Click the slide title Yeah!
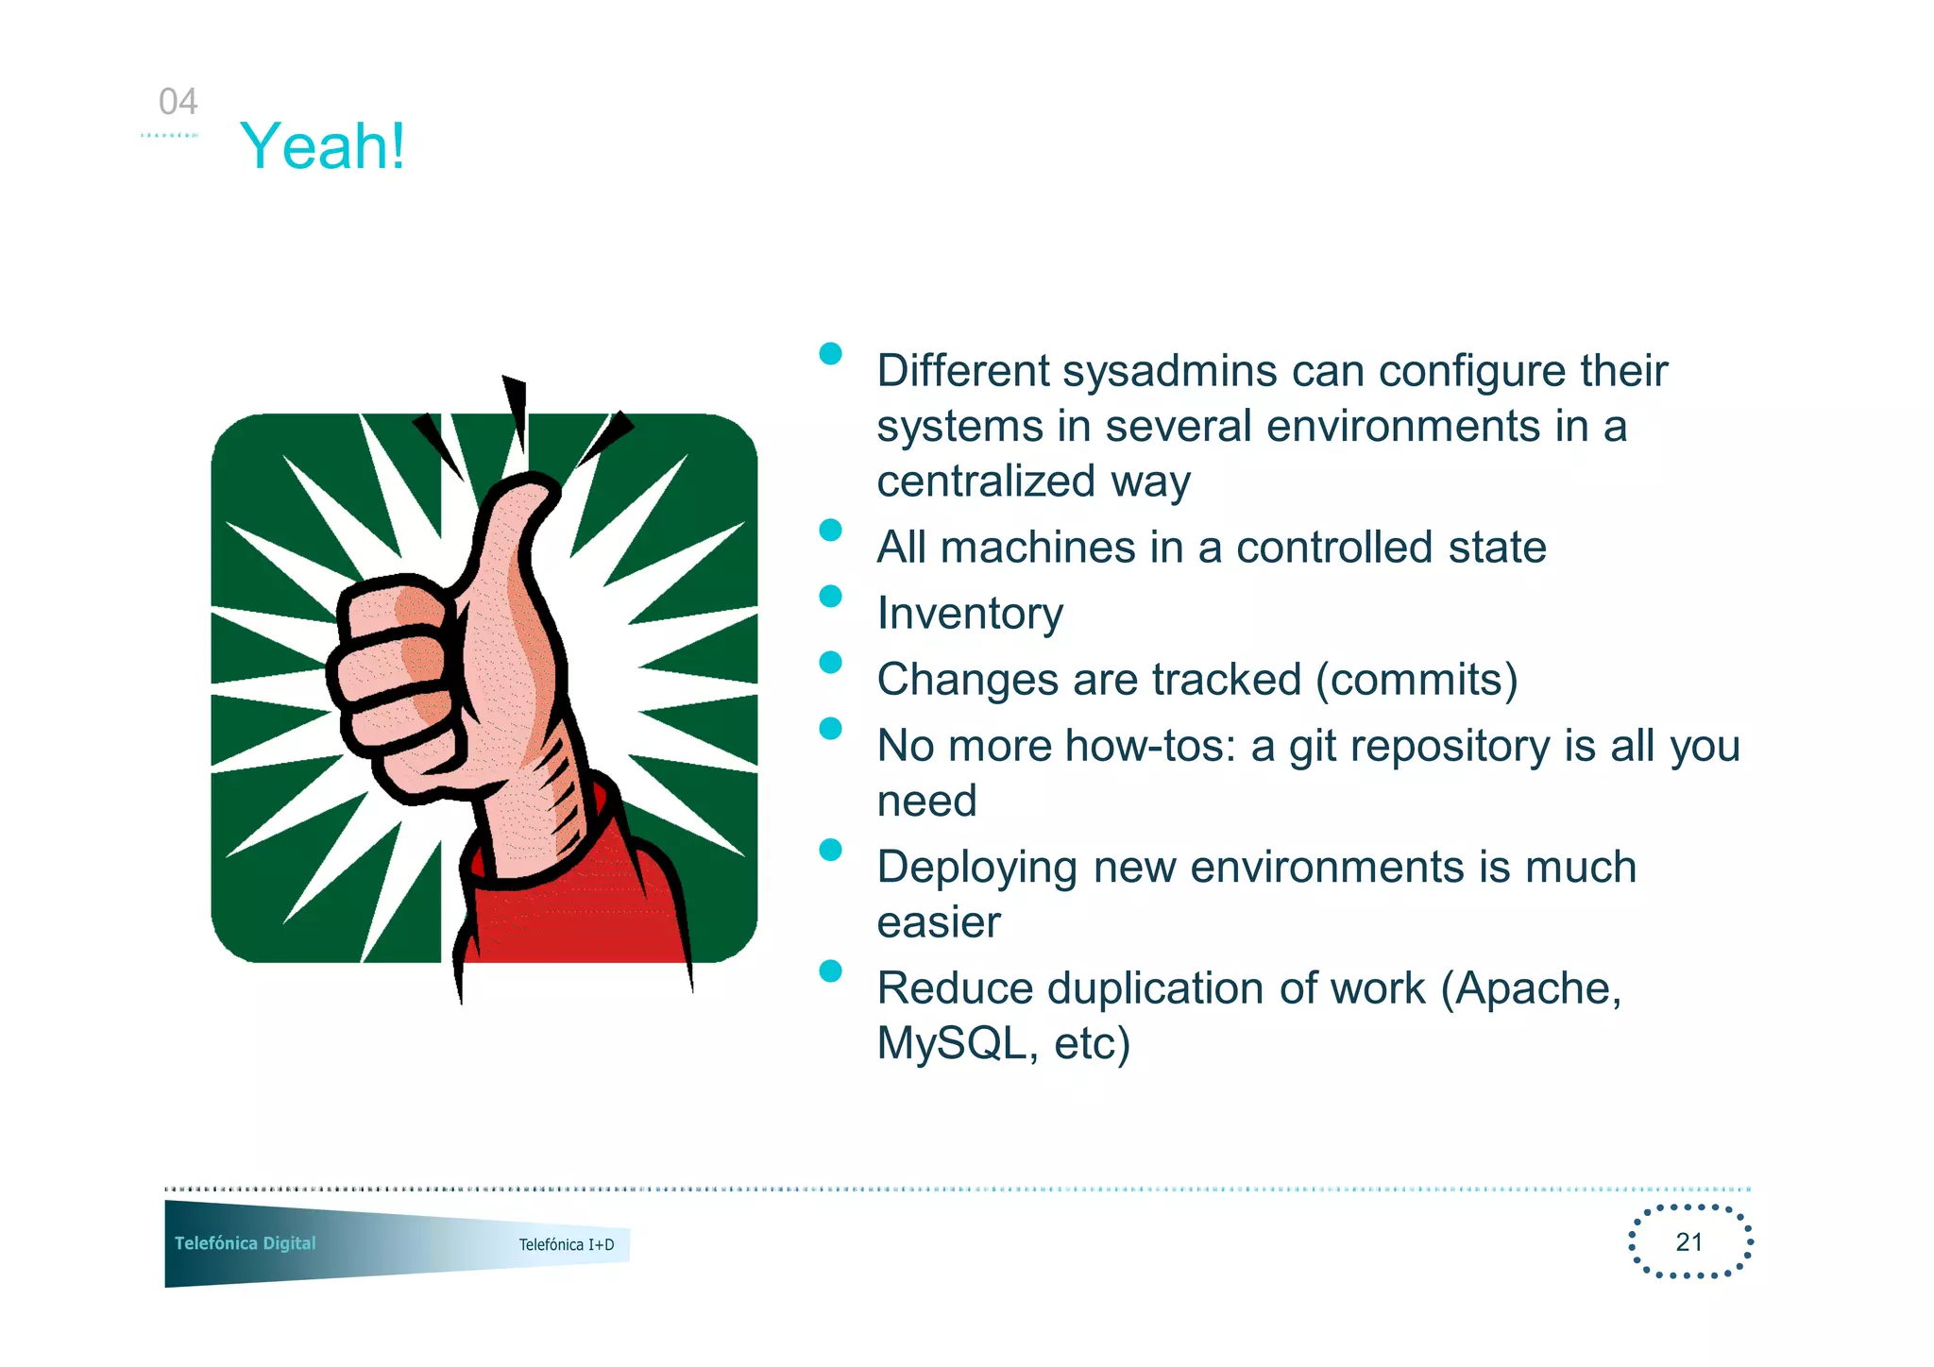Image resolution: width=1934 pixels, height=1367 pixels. [x=323, y=147]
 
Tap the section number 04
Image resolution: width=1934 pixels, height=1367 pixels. [x=178, y=102]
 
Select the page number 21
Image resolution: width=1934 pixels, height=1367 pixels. [x=1688, y=1241]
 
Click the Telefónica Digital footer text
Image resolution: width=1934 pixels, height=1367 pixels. [x=245, y=1243]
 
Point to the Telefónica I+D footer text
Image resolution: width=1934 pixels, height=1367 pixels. [x=566, y=1244]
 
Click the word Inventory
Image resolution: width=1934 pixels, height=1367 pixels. [x=969, y=614]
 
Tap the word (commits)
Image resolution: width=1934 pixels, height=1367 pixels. [x=1417, y=680]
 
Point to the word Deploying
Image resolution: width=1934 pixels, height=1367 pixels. [x=976, y=868]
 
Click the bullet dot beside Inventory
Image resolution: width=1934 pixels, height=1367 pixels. [x=830, y=597]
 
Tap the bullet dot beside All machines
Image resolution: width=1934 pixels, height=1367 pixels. [x=830, y=531]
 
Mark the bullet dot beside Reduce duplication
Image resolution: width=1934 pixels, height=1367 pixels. [x=830, y=971]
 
